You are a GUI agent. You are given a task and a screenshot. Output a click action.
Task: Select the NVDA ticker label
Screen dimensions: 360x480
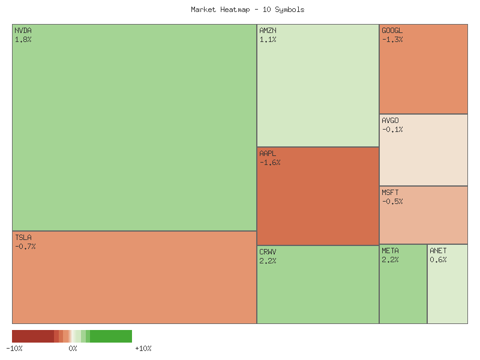[x=23, y=31]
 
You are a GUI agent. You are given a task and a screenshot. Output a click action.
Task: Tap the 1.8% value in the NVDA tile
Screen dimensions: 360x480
[x=23, y=40]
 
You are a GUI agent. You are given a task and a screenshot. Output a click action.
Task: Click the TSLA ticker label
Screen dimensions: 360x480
[x=23, y=238]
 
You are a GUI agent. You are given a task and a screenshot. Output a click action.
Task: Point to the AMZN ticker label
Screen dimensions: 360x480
[x=268, y=31]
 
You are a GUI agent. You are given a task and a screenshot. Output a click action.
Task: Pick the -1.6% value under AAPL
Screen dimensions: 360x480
[x=269, y=163]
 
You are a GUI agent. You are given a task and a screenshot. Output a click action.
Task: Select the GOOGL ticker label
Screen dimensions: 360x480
[x=392, y=31]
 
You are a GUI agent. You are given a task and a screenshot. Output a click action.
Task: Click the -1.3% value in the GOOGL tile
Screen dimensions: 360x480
[x=392, y=40]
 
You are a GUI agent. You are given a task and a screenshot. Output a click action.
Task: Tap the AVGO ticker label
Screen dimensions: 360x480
[x=390, y=121]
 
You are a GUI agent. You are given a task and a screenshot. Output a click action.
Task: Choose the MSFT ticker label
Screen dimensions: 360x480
[x=390, y=193]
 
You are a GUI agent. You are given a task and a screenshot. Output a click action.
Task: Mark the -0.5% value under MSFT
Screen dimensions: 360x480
[x=392, y=202]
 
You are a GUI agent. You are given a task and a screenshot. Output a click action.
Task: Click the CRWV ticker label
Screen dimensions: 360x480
[x=268, y=251]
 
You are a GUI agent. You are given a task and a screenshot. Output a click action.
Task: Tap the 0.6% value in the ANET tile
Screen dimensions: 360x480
[x=438, y=260]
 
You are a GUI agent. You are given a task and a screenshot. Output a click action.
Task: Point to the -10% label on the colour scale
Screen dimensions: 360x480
[x=14, y=349]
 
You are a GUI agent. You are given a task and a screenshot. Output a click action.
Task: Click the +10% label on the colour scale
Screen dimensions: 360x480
[x=143, y=349]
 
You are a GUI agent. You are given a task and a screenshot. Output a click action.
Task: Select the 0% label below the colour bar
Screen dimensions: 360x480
[x=73, y=349]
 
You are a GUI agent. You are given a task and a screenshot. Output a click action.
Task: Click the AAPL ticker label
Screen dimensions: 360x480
[x=268, y=154]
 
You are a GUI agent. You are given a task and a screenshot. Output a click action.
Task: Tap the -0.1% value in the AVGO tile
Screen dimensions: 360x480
[x=392, y=130]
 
